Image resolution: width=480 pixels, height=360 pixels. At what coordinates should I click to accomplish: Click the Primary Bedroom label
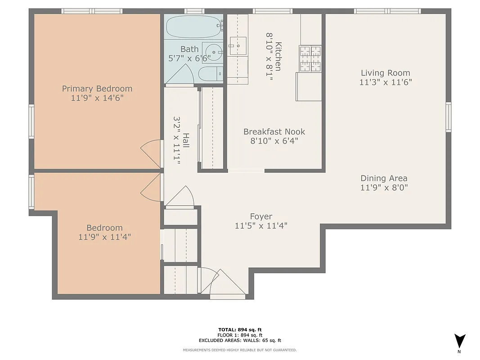tap(97, 89)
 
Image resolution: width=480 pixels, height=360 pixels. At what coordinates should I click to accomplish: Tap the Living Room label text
tap(386, 73)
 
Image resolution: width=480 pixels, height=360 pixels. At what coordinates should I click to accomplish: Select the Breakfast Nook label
tap(274, 132)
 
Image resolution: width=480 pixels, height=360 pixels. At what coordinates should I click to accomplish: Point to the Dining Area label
tap(384, 178)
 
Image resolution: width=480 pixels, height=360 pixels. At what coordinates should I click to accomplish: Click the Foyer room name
tap(261, 216)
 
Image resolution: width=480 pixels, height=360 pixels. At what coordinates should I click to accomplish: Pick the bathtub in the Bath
tap(193, 27)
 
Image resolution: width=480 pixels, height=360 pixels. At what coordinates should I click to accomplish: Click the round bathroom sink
tap(214, 52)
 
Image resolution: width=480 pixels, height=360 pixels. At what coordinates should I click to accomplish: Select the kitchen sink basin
tap(237, 45)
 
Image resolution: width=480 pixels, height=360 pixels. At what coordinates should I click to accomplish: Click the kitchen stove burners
tap(310, 58)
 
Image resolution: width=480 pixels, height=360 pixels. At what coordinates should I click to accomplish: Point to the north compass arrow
tap(459, 341)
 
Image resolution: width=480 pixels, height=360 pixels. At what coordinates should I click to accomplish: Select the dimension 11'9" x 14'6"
tap(97, 98)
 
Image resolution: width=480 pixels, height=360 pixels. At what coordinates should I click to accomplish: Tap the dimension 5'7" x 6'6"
tap(189, 58)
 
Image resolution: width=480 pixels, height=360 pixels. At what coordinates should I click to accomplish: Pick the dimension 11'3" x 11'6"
tap(386, 82)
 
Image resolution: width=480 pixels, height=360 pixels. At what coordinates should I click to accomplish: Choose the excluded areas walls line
tap(240, 341)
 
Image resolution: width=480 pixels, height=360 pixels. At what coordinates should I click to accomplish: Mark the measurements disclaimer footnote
tap(240, 350)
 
